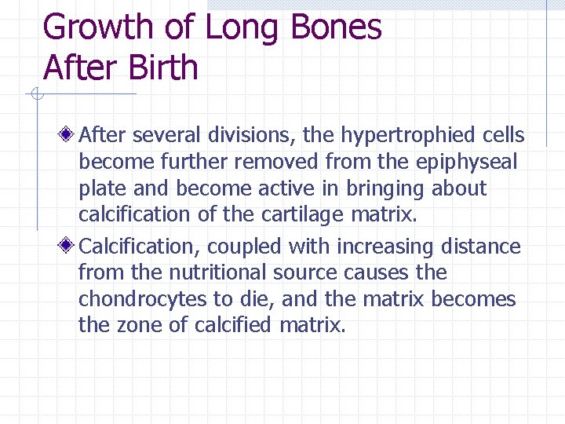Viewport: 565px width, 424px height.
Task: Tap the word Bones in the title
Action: [335, 27]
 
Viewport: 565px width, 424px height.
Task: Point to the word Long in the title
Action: [242, 27]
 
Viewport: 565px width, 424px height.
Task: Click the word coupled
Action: [246, 247]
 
